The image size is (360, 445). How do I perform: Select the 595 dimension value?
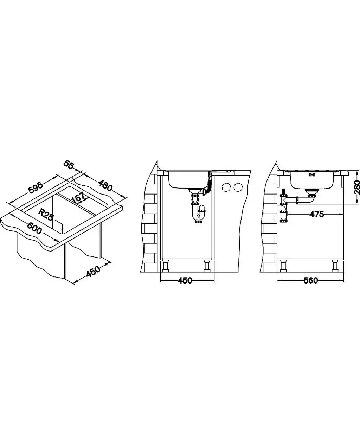click(x=36, y=188)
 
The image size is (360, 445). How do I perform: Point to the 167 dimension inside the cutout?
click(x=78, y=197)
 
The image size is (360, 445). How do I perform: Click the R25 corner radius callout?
click(x=45, y=215)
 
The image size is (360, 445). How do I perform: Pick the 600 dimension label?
click(x=35, y=228)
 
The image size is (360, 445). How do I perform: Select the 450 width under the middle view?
click(x=185, y=280)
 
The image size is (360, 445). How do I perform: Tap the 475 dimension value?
click(x=316, y=214)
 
